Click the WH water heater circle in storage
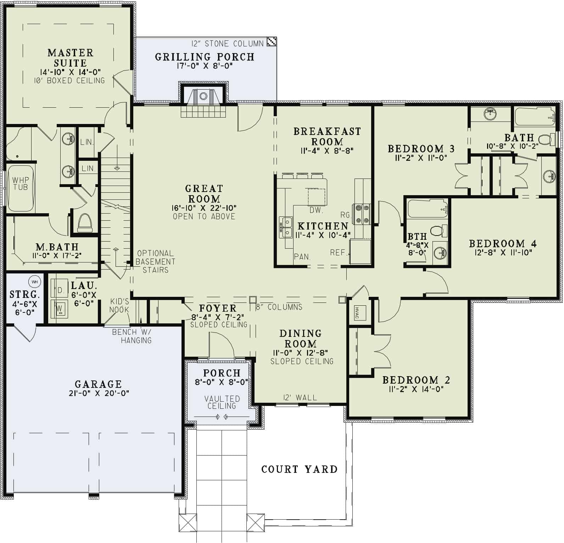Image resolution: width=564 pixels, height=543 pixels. point(34,282)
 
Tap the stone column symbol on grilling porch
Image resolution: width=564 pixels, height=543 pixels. point(272,41)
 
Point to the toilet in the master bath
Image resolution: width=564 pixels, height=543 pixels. point(84,222)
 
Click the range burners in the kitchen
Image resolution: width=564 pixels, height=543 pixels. point(361,214)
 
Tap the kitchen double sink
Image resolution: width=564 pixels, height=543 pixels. point(286,227)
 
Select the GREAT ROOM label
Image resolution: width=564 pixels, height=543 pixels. point(204,193)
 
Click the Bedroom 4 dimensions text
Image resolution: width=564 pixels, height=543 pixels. point(503,253)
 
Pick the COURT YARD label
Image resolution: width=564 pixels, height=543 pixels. point(299,469)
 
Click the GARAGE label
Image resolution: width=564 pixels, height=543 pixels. point(98,384)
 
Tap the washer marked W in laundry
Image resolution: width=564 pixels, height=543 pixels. point(60,308)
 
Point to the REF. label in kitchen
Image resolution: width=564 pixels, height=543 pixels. point(338,253)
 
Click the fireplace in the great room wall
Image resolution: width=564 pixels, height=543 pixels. point(203,96)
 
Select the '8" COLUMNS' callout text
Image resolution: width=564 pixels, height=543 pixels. point(279,307)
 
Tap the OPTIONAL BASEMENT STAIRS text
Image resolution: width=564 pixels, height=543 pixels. point(155,261)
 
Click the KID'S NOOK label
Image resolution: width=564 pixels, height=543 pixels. point(119,305)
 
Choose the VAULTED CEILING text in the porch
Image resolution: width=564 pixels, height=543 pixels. point(222,402)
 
